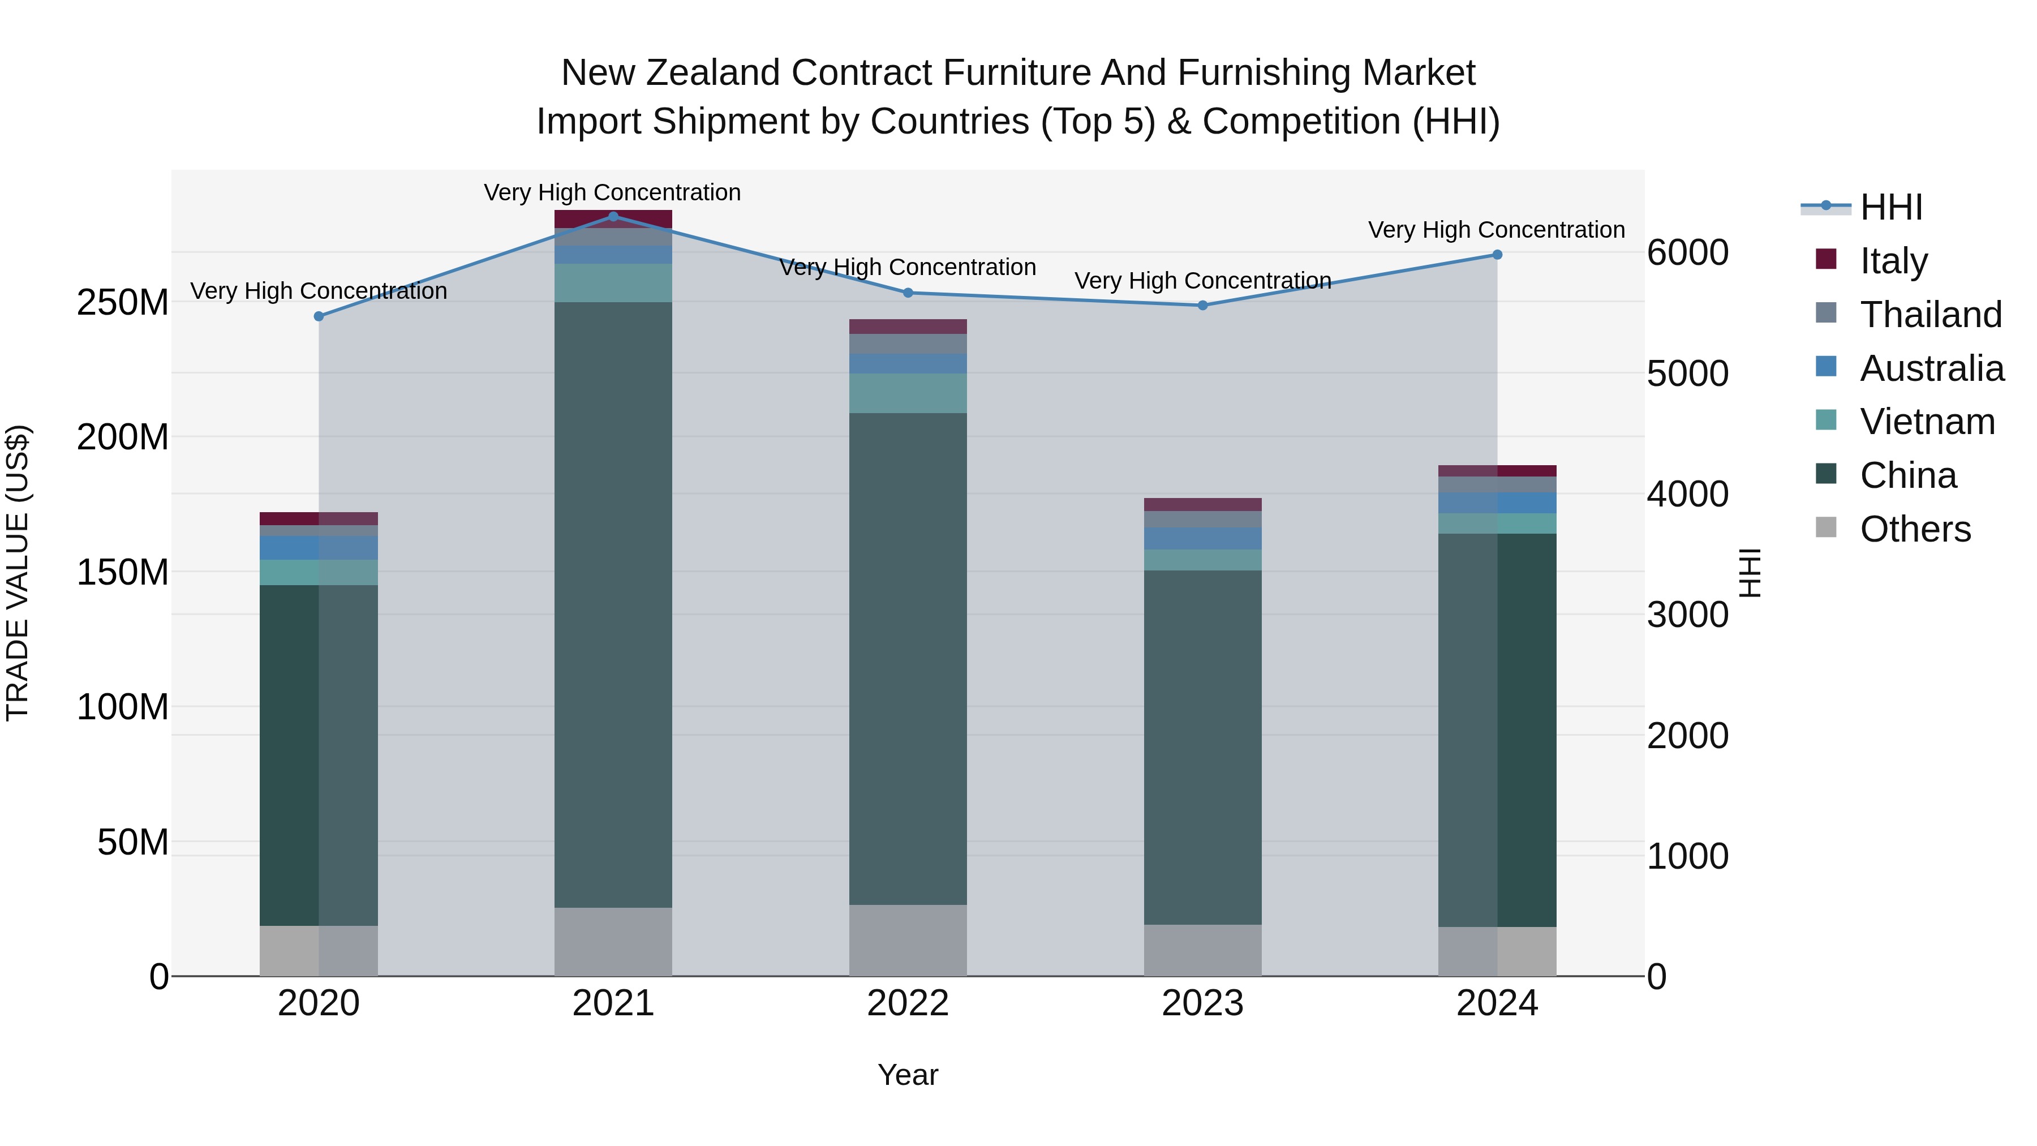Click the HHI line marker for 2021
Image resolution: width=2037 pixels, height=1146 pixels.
(x=613, y=217)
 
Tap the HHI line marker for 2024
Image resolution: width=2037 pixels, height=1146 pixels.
(x=1497, y=255)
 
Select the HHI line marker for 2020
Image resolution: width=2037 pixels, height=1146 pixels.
(x=319, y=316)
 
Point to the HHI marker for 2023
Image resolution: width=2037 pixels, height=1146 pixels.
(x=1203, y=305)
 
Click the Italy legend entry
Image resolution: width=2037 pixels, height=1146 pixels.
(x=1893, y=260)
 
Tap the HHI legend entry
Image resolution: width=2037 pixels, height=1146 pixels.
(x=1890, y=207)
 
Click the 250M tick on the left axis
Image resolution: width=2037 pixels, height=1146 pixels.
(x=123, y=302)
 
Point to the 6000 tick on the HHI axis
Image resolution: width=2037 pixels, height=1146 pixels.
(x=1687, y=253)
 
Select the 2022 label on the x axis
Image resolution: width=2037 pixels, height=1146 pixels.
(x=908, y=1003)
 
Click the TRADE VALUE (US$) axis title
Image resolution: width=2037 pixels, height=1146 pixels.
(x=18, y=573)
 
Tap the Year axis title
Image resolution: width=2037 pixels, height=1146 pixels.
(x=908, y=1075)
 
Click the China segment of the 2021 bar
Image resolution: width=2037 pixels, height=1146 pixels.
(x=613, y=605)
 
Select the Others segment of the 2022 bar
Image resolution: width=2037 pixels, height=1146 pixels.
(x=908, y=941)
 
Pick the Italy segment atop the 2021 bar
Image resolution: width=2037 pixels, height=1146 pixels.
(x=613, y=219)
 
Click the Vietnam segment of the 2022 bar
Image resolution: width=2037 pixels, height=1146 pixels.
(x=908, y=393)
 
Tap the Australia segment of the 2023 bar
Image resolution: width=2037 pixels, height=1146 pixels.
(x=1203, y=539)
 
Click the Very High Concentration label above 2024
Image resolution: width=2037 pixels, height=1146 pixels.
(x=1496, y=230)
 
